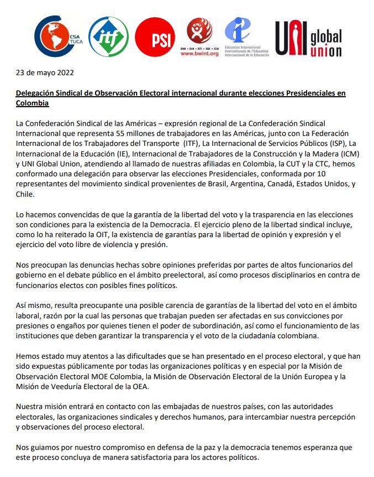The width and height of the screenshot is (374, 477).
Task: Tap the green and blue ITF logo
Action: tap(108, 37)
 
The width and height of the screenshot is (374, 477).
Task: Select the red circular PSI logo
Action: tap(155, 37)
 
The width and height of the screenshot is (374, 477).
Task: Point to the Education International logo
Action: tap(243, 36)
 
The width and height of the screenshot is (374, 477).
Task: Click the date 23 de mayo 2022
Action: tap(45, 72)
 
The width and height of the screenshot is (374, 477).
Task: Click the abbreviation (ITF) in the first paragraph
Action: tap(198, 144)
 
